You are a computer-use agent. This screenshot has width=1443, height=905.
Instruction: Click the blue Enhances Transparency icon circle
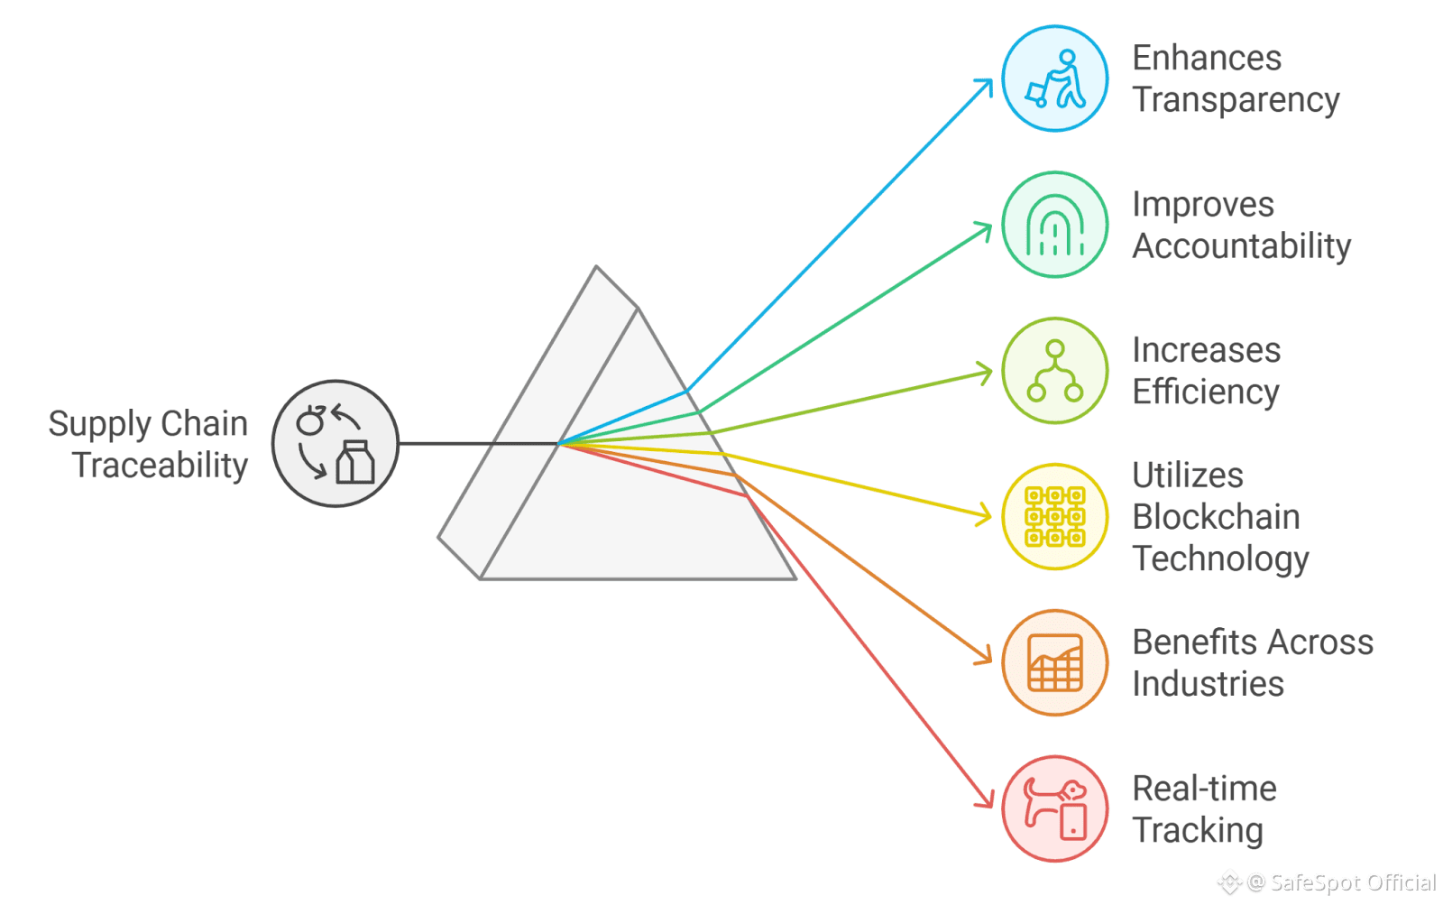1054,78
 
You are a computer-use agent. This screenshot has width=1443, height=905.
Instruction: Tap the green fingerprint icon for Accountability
1054,225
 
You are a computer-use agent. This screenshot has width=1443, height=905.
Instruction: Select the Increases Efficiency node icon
1054,371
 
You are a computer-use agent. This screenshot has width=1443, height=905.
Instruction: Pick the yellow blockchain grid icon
1054,516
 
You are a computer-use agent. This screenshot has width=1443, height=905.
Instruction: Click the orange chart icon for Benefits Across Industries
1054,662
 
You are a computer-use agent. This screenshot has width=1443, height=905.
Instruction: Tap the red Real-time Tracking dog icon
1054,808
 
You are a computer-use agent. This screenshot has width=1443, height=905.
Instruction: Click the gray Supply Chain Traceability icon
335,443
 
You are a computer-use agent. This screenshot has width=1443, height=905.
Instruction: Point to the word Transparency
1236,100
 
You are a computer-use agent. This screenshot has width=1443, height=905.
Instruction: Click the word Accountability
1242,246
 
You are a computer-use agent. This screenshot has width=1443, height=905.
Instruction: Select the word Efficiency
1206,392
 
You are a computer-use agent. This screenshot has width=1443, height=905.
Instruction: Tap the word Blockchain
1216,517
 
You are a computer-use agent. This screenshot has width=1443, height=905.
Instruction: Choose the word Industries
1208,684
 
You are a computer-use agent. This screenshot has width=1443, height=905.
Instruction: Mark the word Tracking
1198,830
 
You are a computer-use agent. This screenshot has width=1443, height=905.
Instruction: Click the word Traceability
161,466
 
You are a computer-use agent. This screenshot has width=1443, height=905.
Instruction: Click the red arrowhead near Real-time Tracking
988,802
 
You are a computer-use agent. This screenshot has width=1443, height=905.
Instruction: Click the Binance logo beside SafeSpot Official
1229,882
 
